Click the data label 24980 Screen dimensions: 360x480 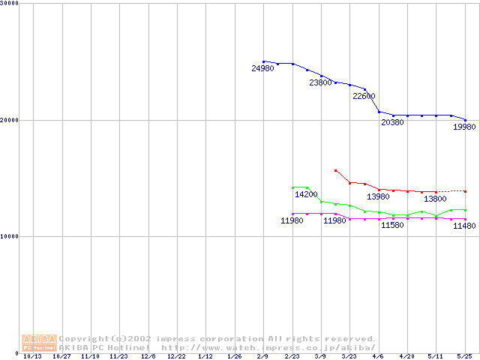(x=262, y=69)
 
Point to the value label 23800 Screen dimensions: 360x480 (x=320, y=82)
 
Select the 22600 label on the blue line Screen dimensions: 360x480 (x=364, y=96)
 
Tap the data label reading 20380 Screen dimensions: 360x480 (x=392, y=122)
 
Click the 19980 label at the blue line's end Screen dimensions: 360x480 (x=464, y=127)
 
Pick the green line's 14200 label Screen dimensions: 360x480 (x=306, y=194)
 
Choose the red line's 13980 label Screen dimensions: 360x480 (x=378, y=196)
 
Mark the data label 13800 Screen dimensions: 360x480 (x=435, y=199)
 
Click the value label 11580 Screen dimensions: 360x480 (x=392, y=225)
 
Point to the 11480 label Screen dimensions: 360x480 (x=464, y=226)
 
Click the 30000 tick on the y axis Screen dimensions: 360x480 (x=10, y=4)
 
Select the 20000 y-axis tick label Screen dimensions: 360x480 (x=10, y=120)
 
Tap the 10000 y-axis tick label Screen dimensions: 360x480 (x=10, y=236)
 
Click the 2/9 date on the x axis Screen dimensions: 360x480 (x=262, y=356)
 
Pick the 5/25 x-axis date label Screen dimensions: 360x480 (x=464, y=356)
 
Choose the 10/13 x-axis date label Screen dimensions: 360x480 (x=32, y=356)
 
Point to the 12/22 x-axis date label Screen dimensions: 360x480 (x=176, y=356)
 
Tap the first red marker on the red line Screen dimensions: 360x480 (x=335, y=170)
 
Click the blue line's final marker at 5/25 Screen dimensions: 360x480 (x=465, y=120)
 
